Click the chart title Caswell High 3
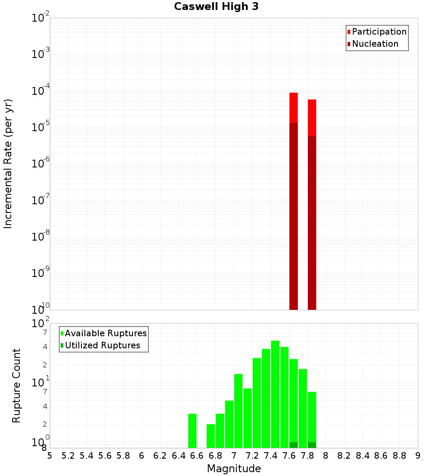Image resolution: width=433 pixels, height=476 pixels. (x=216, y=7)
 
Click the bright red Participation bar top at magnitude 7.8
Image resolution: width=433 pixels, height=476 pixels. (x=312, y=117)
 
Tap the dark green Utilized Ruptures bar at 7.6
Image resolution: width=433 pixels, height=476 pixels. (x=294, y=445)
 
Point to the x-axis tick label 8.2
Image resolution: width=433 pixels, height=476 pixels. (x=344, y=456)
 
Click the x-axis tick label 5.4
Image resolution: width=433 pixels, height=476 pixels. (x=87, y=456)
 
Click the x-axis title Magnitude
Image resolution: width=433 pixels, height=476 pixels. (x=234, y=469)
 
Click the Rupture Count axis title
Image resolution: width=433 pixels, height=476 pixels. (x=16, y=386)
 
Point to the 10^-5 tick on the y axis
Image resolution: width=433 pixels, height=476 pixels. (x=41, y=128)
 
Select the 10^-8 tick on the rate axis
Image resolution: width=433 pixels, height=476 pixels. (x=41, y=237)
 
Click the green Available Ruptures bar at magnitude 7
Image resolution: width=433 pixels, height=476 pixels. (x=239, y=411)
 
